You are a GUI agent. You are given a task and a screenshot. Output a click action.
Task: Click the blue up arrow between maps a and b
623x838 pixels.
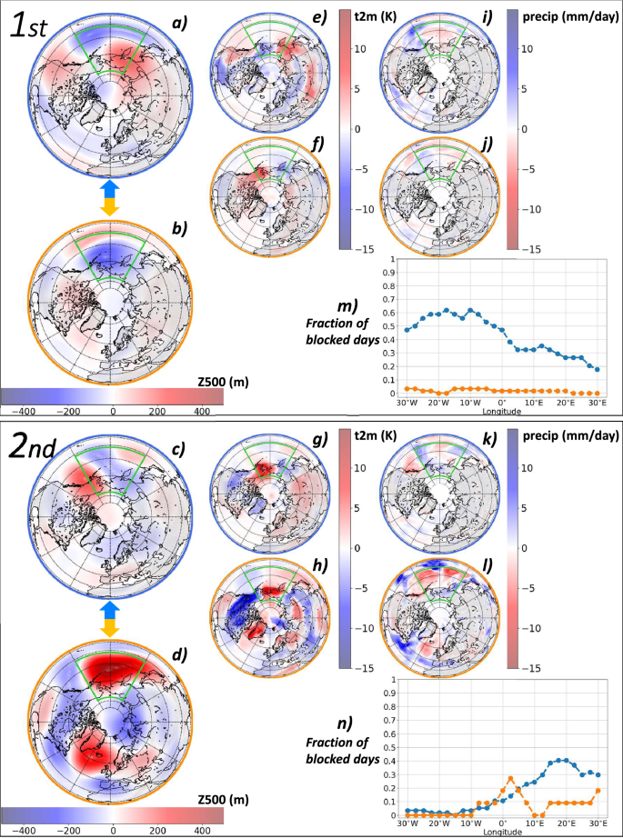108,187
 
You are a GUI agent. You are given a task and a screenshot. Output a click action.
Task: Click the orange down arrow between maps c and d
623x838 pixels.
108,627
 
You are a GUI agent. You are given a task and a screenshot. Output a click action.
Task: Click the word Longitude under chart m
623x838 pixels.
501,411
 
